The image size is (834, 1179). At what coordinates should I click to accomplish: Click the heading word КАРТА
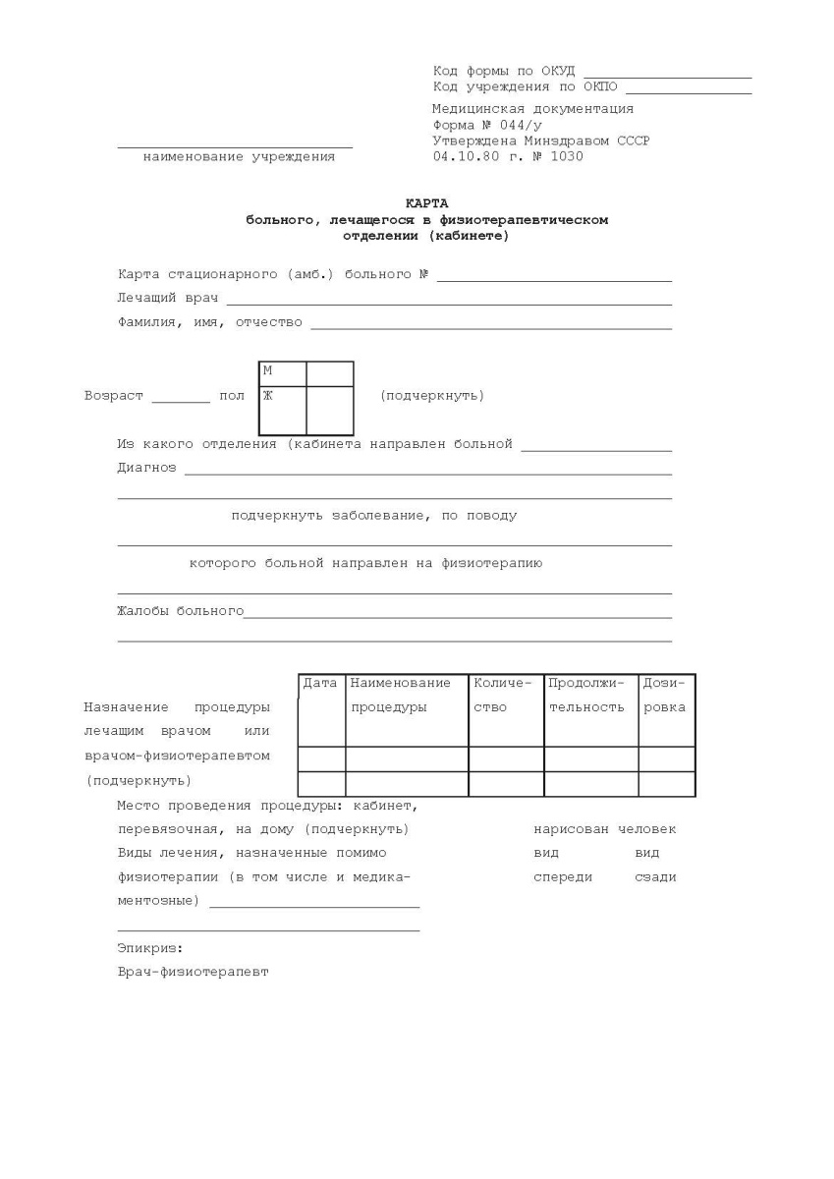click(426, 203)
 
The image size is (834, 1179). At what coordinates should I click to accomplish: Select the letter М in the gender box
click(267, 370)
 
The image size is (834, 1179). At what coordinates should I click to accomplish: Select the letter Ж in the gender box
click(267, 395)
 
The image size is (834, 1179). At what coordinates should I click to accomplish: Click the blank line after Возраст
click(181, 401)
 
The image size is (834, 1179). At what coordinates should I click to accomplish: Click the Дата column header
click(320, 683)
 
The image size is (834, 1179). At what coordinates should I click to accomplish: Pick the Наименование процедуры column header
click(400, 695)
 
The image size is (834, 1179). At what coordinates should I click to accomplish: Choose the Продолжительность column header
click(586, 695)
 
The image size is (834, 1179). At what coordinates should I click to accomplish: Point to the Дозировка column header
click(665, 695)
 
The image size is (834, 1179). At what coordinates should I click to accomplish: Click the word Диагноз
click(146, 468)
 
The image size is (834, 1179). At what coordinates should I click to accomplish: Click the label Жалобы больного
click(180, 611)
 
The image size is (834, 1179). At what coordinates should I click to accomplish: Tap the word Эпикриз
click(149, 948)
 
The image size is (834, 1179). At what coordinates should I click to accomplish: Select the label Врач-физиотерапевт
click(193, 972)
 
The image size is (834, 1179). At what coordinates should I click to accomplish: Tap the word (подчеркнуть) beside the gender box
click(431, 396)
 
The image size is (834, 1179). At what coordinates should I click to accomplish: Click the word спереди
click(562, 876)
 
